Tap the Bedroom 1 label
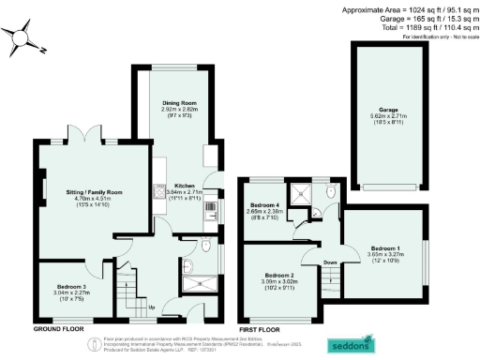point(384,246)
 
